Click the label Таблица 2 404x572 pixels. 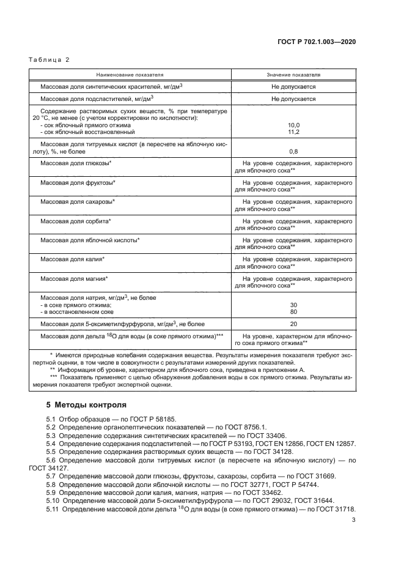click(50, 59)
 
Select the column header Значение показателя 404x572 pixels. click(293, 74)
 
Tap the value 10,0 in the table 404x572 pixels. click(293, 124)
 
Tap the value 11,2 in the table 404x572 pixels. click(293, 132)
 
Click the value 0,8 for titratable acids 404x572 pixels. click(293, 151)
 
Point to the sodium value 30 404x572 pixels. click(293, 305)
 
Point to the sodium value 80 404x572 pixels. click(293, 312)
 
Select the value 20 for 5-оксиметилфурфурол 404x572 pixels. click(293, 324)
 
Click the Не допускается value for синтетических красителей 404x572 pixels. click(293, 87)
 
